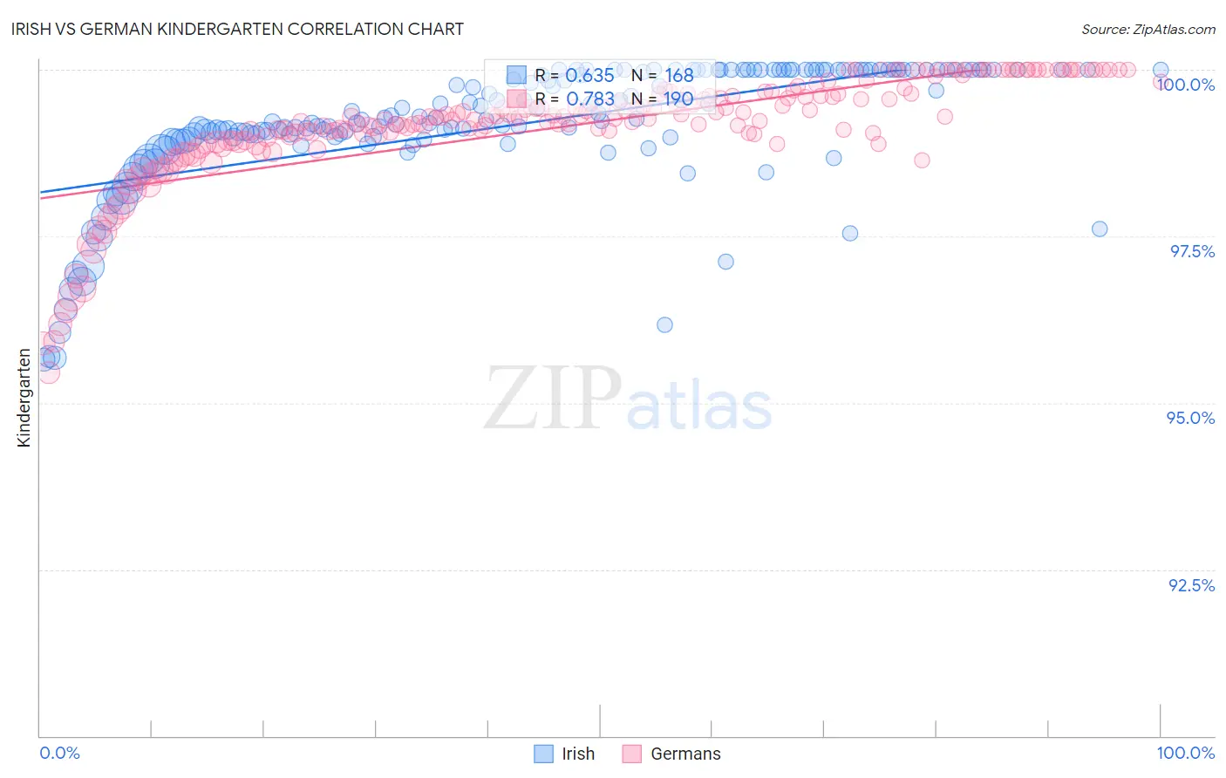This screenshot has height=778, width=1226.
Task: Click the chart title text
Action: tap(238, 29)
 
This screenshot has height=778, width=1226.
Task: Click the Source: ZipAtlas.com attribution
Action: tap(1148, 29)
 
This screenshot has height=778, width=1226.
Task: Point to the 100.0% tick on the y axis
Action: tap(1185, 85)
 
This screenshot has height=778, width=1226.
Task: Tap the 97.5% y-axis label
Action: tap(1192, 251)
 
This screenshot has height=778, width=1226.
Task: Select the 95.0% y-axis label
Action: tap(1190, 418)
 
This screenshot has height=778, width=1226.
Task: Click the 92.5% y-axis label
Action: tap(1191, 585)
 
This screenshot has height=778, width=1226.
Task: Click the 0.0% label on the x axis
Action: tap(59, 753)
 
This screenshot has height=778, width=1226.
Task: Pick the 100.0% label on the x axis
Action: tap(1185, 753)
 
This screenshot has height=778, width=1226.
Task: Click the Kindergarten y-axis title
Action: tap(24, 398)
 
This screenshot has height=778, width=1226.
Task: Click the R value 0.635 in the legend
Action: tap(589, 76)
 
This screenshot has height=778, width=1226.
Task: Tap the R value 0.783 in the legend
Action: tap(589, 99)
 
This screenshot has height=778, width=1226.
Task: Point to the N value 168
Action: tap(678, 76)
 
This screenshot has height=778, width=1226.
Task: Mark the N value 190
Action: tap(678, 99)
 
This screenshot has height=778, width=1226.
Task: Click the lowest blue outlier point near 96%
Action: tap(664, 325)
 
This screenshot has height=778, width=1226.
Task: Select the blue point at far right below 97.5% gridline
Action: tap(1100, 229)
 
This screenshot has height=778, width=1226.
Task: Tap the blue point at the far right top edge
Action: tap(1161, 70)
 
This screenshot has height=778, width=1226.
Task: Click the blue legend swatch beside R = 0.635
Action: tap(516, 76)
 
